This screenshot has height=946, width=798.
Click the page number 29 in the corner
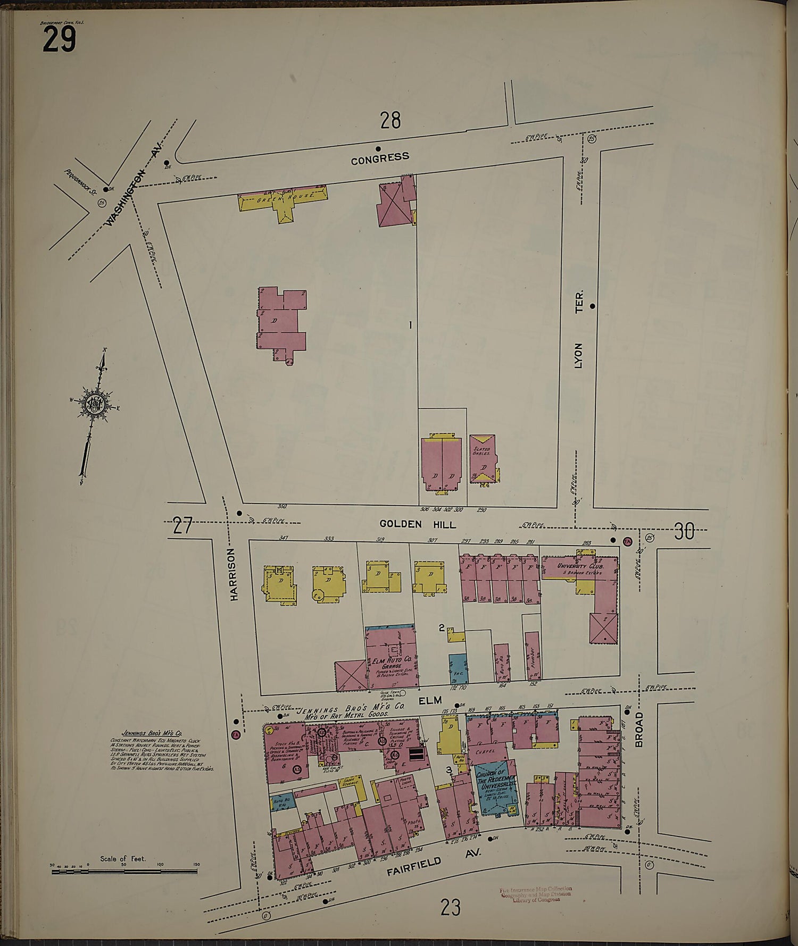pyautogui.click(x=59, y=39)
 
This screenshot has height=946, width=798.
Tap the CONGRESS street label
pyautogui.click(x=380, y=157)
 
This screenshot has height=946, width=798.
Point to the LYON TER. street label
pyautogui.click(x=579, y=329)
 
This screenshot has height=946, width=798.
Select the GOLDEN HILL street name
pyautogui.click(x=417, y=524)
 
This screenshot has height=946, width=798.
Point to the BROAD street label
pyautogui.click(x=639, y=730)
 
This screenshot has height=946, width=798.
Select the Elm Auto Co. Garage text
pyautogui.click(x=392, y=662)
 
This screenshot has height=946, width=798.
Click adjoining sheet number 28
pyautogui.click(x=390, y=121)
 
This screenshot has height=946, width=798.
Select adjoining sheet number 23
pyautogui.click(x=450, y=907)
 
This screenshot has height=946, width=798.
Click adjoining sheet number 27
pyautogui.click(x=182, y=526)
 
